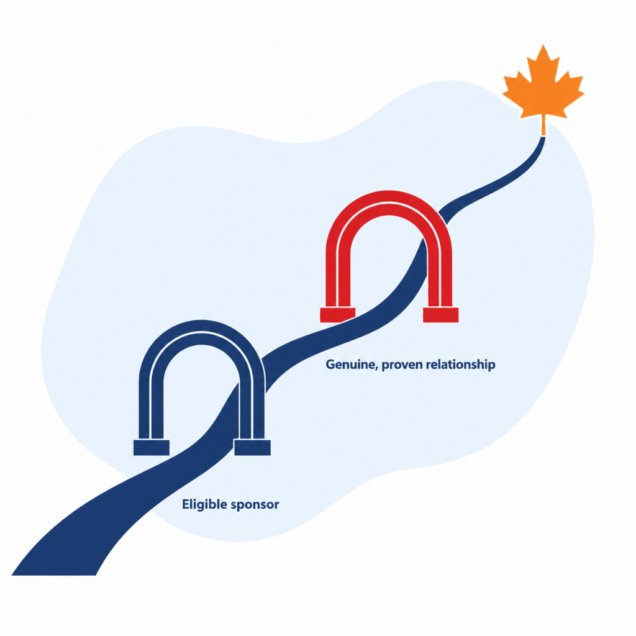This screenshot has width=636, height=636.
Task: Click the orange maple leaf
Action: pyautogui.click(x=543, y=85)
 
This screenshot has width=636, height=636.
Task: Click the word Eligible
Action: pyautogui.click(x=204, y=504)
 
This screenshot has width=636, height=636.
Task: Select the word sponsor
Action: pyautogui.click(x=255, y=506)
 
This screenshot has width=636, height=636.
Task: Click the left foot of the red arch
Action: pyautogui.click(x=337, y=315)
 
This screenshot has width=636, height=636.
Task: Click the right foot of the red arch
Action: pyautogui.click(x=440, y=315)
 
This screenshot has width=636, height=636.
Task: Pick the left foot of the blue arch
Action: pyautogui.click(x=152, y=447)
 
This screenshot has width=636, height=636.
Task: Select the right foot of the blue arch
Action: pyautogui.click(x=252, y=447)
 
